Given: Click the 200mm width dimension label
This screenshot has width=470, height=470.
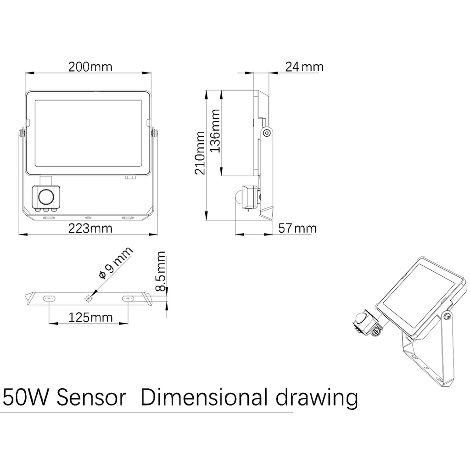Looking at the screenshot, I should click(90, 67).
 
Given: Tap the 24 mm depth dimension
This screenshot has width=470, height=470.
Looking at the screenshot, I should click(304, 67).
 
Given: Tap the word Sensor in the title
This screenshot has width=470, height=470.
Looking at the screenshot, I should click(91, 397).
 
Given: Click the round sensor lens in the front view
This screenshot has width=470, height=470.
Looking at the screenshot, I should click(45, 197).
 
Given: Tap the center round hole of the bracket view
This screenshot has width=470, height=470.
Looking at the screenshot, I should click(89, 298).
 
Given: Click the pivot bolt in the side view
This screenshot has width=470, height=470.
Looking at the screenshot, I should click(266, 133).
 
